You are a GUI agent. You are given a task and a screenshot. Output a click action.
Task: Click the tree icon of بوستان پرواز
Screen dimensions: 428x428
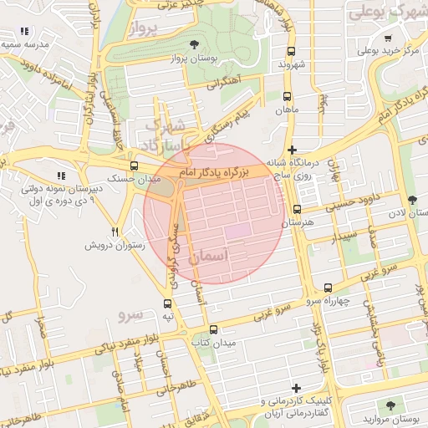(194, 43)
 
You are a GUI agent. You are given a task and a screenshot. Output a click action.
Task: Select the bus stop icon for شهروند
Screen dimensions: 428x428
(288, 50)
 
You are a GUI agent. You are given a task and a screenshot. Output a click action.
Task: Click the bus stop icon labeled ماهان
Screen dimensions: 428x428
(288, 96)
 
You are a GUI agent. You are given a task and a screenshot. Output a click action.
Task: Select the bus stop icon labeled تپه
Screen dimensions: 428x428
(168, 303)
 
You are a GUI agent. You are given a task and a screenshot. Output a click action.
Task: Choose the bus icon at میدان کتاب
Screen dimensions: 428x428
(214, 329)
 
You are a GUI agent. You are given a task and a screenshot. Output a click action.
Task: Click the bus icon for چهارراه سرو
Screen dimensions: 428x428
(327, 287)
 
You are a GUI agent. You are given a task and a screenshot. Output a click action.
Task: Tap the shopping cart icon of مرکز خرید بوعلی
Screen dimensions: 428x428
(387, 38)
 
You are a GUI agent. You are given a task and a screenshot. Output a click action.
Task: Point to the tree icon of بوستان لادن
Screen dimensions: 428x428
(411, 199)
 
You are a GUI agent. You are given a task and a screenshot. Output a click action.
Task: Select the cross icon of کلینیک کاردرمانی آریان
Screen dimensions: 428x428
(296, 388)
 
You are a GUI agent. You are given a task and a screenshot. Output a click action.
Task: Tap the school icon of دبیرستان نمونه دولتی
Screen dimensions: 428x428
(60, 176)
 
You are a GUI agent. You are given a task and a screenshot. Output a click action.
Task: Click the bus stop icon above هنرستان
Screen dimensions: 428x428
(297, 209)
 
